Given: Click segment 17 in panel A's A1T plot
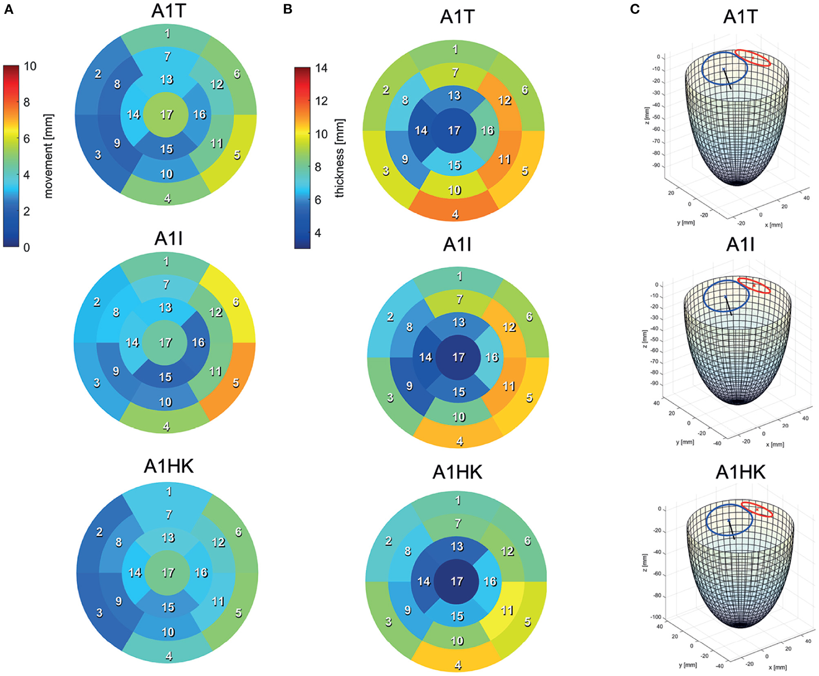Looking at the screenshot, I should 166,114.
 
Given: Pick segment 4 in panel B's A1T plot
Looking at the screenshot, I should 455,210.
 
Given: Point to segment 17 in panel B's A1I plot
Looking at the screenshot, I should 458,357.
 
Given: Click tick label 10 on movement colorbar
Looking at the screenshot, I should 30,66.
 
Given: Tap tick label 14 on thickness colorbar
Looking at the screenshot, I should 321,68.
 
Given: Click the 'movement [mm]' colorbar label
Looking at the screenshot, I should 49,156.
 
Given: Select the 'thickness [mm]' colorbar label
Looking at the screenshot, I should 340,158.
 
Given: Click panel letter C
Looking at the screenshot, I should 635,9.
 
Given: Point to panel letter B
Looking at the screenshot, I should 287,9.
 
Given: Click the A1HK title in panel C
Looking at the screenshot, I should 740,472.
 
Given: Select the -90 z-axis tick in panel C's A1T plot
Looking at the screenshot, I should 656,165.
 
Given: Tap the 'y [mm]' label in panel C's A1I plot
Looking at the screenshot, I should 685,442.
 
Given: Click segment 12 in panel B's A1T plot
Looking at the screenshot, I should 504,100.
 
